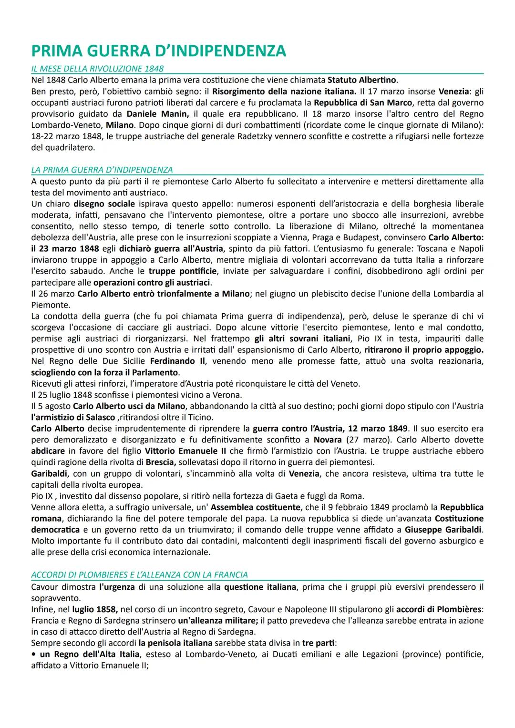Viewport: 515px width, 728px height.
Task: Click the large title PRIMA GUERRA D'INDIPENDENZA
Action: [158, 51]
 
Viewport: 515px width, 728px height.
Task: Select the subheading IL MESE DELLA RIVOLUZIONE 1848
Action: [97, 69]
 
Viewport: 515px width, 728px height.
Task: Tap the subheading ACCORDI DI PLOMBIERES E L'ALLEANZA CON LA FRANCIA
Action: [139, 574]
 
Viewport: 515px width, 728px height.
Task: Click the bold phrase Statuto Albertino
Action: [362, 80]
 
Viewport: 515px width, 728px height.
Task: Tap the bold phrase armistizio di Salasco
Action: [73, 417]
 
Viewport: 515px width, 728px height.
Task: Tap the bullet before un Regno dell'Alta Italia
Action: [33, 655]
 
